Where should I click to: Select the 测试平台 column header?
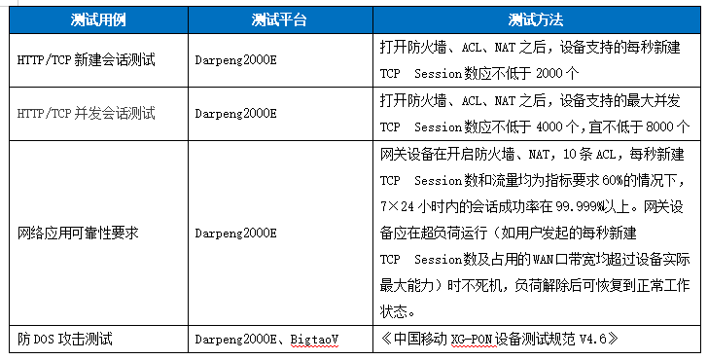279,19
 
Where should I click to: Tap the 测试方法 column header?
535,19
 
